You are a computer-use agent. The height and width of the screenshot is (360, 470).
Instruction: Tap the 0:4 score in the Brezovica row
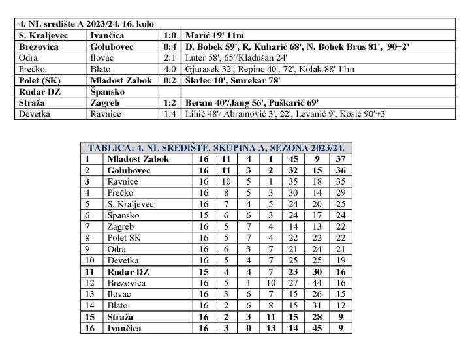(170, 48)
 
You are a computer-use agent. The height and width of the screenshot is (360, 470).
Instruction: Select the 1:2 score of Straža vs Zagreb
(170, 103)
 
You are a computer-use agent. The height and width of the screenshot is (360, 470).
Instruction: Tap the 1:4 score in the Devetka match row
(170, 114)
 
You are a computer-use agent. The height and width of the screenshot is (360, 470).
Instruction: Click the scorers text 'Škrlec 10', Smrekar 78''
(227, 81)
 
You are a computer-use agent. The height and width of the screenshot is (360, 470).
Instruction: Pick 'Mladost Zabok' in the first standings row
(138, 158)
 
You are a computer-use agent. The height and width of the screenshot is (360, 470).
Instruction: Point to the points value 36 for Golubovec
(339, 170)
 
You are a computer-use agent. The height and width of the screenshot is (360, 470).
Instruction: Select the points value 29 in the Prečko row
(339, 193)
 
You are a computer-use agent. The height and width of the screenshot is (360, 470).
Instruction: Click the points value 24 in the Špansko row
(339, 215)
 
